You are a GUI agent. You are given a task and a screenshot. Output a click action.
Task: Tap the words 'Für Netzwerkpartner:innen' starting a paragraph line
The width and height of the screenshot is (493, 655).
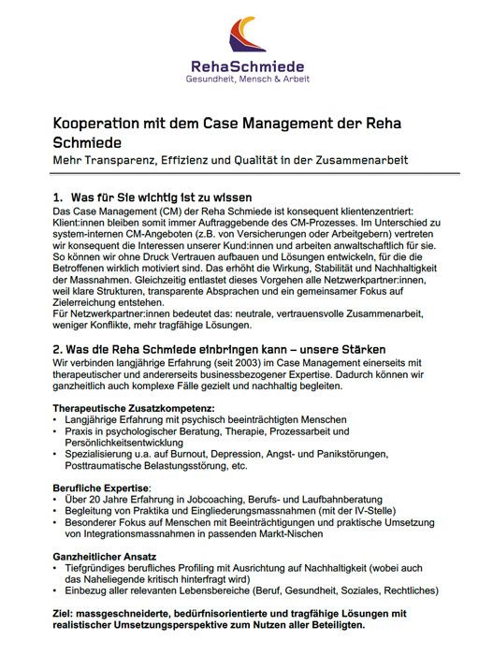pos(104,313)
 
